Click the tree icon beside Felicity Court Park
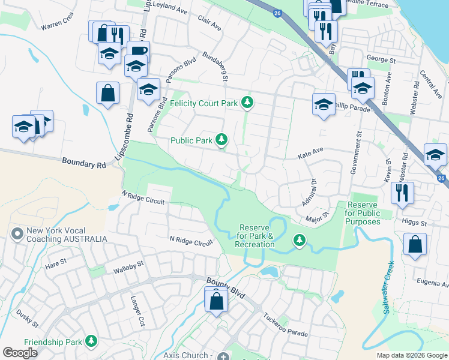[x=246, y=103]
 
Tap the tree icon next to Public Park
[x=221, y=140]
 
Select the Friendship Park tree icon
[x=91, y=341]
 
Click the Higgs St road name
[x=414, y=223]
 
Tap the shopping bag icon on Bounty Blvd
[x=216, y=301]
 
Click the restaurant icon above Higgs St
[x=401, y=192]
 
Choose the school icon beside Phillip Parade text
[x=323, y=104]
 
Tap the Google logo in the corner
[x=20, y=353]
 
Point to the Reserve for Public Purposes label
[x=363, y=213]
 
